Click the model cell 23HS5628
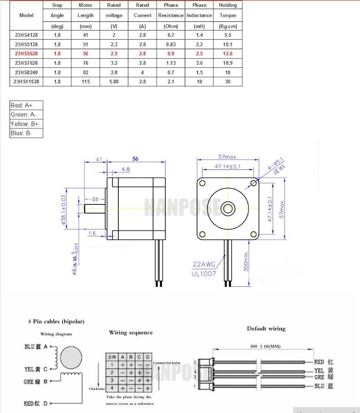pos(26,53)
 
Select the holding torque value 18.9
pos(228,63)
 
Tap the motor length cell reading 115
pos(86,82)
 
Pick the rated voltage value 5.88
pos(114,82)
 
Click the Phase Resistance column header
pos(171,15)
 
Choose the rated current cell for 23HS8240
pos(142,72)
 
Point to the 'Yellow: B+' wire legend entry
pos(26,124)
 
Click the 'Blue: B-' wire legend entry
pos(26,133)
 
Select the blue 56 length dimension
pos(135,159)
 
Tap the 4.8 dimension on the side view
pos(126,169)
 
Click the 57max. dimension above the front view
pos(228,157)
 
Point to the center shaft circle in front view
pos(228,209)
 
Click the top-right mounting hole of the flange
pos(253,183)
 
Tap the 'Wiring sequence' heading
pos(131,332)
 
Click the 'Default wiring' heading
pos(266,328)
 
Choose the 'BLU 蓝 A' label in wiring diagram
pos(36,347)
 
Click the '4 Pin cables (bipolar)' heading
pos(56,321)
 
